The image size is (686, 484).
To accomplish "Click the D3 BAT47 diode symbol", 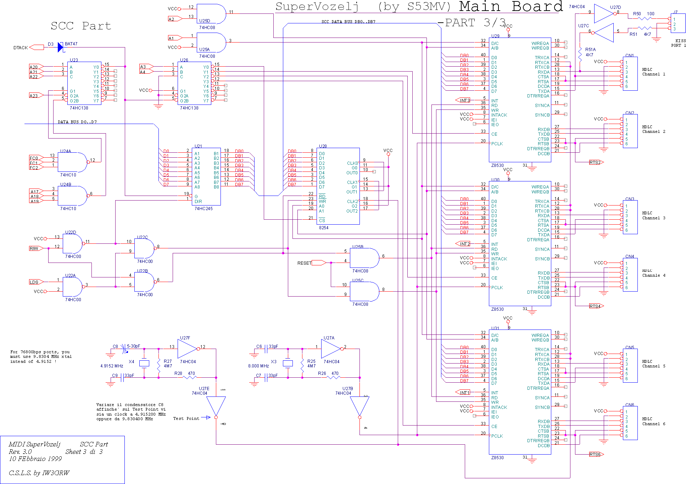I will [60, 47].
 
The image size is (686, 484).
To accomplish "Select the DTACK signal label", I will [21, 48].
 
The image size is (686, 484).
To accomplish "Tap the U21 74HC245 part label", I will [203, 209].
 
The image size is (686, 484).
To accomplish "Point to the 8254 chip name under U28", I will [324, 228].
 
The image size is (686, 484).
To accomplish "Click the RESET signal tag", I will [305, 263].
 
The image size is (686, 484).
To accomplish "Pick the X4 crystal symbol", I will [144, 363].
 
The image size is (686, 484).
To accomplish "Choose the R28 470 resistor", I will [190, 377].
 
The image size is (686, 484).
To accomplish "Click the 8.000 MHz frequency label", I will [258, 366].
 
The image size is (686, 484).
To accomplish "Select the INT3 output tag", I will [463, 100].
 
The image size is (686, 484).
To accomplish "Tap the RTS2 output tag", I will [596, 162].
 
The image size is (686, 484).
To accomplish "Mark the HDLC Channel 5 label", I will [654, 364].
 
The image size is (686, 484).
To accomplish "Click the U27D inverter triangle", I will [604, 13].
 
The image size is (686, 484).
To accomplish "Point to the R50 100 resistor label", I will [644, 14].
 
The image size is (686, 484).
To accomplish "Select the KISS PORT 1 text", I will [678, 43].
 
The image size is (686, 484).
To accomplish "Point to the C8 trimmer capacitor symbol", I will [124, 349].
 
